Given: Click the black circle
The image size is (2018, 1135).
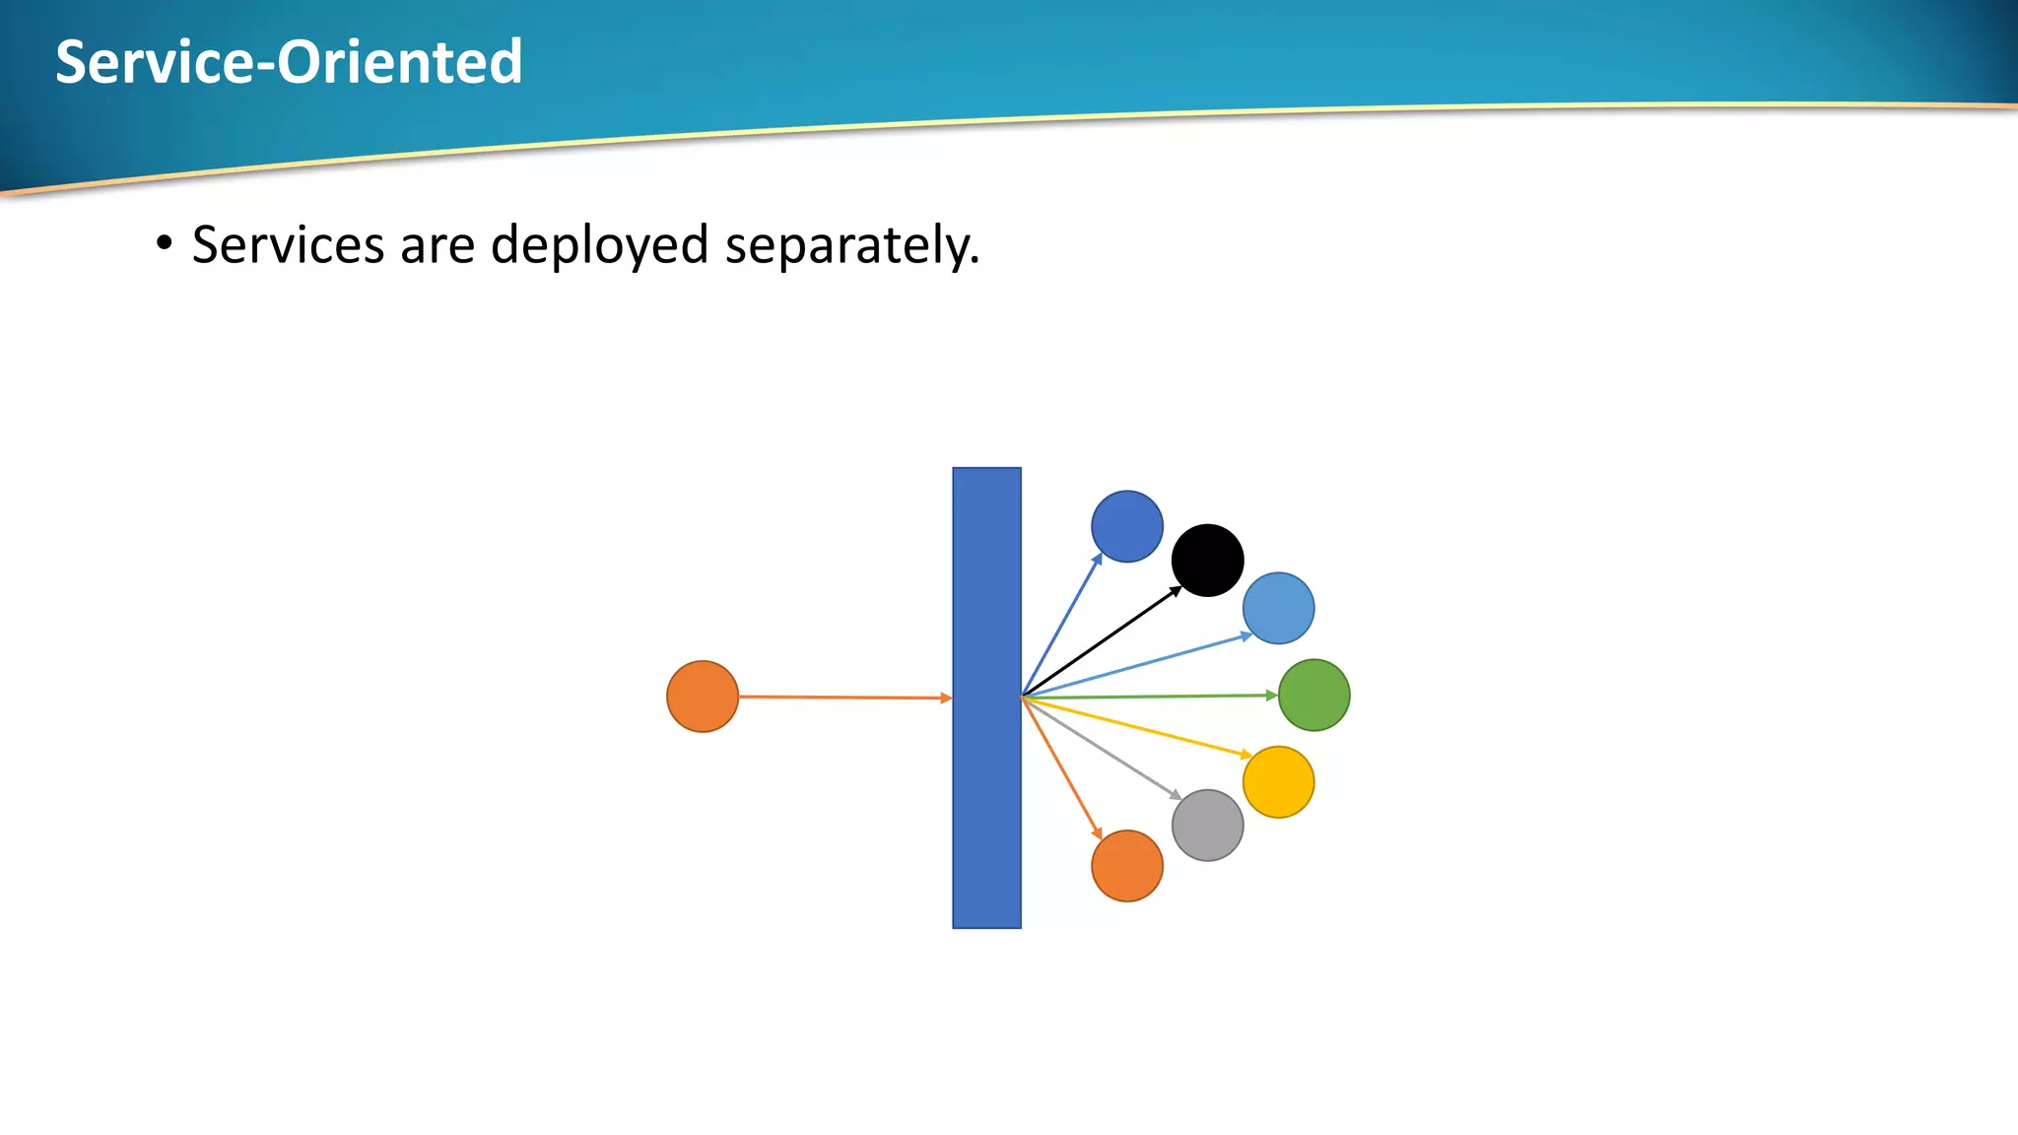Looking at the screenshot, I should (1207, 560).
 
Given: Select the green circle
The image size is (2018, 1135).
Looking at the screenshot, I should (1313, 695).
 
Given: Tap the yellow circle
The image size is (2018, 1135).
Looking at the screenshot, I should (1278, 782).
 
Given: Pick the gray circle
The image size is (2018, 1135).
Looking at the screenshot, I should (1207, 826).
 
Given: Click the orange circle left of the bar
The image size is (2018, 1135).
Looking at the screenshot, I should (703, 697).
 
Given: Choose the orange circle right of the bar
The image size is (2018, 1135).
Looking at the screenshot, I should (1126, 866).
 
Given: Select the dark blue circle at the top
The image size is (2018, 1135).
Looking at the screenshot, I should (1126, 526).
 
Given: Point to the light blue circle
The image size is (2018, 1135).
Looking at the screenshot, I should (1278, 608).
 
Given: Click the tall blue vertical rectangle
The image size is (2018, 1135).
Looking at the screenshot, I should (986, 698).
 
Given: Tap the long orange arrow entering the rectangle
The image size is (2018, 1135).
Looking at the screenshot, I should (844, 698).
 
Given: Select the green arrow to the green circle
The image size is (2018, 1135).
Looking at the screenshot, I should (1148, 697).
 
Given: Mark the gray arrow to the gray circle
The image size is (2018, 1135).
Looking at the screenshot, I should (1102, 748).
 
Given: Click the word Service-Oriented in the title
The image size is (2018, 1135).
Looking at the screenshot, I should (289, 61).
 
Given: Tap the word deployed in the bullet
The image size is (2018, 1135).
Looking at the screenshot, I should (599, 244).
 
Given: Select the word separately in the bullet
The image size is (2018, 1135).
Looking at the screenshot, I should (851, 244).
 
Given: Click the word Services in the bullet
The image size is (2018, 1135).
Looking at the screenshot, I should (288, 244).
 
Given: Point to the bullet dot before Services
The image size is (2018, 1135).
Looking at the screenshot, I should (164, 242).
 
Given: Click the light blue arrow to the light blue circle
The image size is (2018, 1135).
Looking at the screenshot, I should (1133, 666).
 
